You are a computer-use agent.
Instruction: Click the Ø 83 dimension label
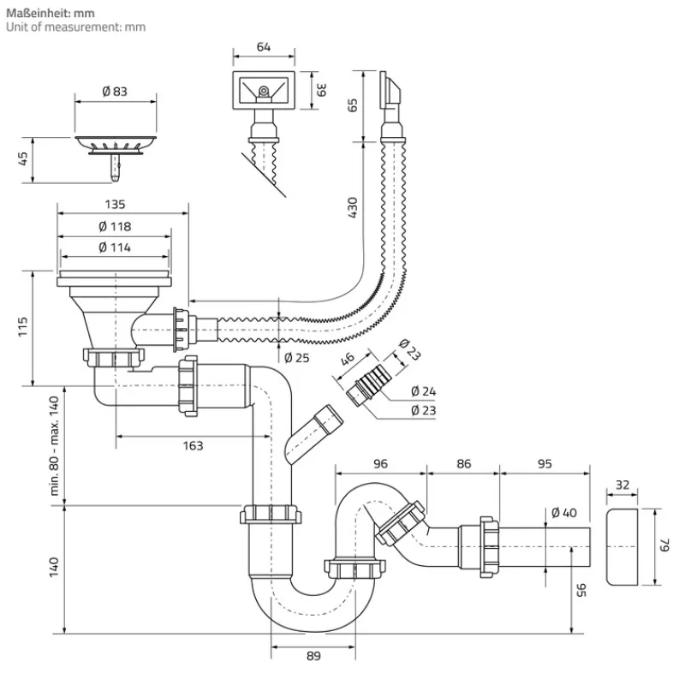click(116, 92)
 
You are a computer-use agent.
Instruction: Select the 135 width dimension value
click(116, 205)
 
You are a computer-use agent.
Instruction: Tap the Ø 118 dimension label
click(114, 226)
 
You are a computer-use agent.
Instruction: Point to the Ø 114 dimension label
click(114, 247)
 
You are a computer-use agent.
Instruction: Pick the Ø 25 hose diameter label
click(295, 357)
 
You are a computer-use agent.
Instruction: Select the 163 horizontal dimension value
click(193, 445)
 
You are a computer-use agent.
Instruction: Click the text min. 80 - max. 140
click(54, 445)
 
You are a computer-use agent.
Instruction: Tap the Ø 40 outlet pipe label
click(564, 513)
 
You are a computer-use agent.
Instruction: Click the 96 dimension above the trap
click(380, 463)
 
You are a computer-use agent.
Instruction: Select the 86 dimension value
click(463, 463)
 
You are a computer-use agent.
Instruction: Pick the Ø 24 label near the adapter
click(423, 391)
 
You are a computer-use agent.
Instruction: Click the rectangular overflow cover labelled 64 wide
click(264, 89)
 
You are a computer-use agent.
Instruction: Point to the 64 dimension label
click(264, 47)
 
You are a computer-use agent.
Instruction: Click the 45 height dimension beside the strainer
click(23, 159)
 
